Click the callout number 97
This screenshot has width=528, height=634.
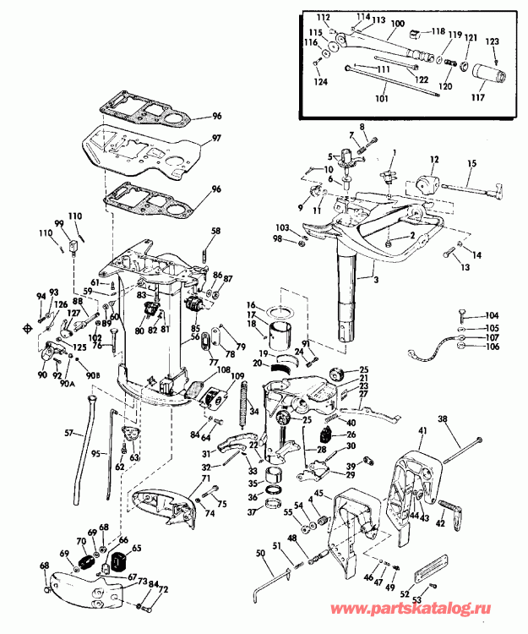216,138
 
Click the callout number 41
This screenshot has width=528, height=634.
422,432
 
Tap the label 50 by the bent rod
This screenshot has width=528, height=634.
259,552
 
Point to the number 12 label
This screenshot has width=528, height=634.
434,158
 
